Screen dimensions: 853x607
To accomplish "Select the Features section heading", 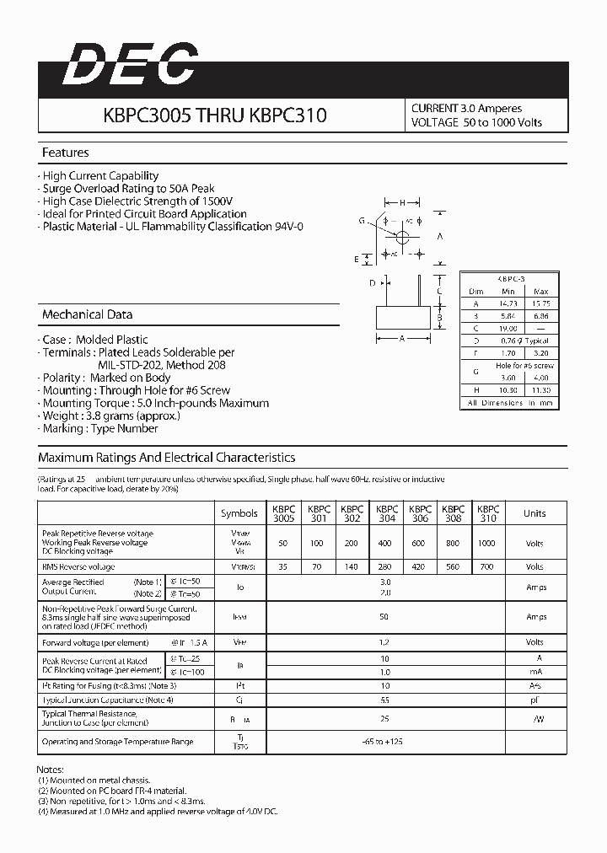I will (x=65, y=153).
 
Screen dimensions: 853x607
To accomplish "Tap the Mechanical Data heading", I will (x=87, y=315).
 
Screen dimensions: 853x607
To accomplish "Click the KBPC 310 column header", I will (x=487, y=513).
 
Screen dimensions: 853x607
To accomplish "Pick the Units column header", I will (x=534, y=513).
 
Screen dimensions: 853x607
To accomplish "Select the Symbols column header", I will (x=239, y=513).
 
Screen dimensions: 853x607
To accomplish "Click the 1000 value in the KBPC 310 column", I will (x=486, y=544).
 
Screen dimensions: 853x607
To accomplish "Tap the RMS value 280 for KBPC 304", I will (x=386, y=567).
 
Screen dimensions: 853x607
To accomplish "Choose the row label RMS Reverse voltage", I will (x=78, y=567).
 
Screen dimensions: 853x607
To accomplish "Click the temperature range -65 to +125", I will (x=385, y=742).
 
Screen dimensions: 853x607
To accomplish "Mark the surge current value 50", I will (x=385, y=617).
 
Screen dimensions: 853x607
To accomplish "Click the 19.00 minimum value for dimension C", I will (x=507, y=328).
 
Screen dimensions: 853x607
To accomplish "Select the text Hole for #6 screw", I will (x=524, y=366).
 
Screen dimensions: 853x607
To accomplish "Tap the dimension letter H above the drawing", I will (x=404, y=202).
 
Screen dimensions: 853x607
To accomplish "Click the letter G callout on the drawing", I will (x=361, y=220).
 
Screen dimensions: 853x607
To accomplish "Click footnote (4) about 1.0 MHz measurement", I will (x=157, y=811).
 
